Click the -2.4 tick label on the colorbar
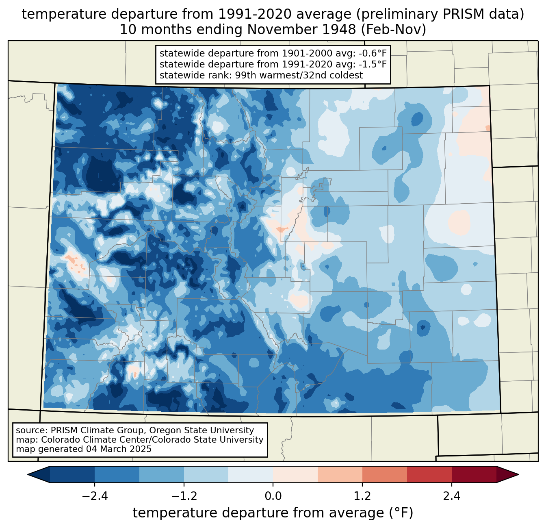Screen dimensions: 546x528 click(95, 497)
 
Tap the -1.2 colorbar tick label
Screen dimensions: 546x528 click(184, 497)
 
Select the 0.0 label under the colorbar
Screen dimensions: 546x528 click(273, 497)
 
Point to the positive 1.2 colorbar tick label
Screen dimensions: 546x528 click(362, 497)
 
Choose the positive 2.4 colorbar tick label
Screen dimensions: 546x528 click(452, 497)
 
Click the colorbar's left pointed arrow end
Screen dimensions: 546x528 click(28, 475)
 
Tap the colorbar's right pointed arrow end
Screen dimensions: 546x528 click(518, 475)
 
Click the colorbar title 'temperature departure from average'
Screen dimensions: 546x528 click(258, 513)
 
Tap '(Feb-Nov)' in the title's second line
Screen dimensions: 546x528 click(393, 30)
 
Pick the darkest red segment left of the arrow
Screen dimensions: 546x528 click(474, 475)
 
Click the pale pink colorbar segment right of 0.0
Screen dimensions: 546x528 click(295, 475)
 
